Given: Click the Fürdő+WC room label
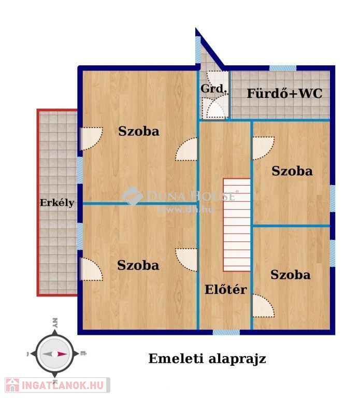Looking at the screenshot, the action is point(284,93).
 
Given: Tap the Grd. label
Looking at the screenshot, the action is point(213,89).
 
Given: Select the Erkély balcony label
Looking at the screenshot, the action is point(57,203).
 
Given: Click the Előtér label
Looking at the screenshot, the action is point(225,289).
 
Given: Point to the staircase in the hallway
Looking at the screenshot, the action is point(237,225).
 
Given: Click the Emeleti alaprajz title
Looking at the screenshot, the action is point(207,359).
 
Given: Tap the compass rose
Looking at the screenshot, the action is point(55,353).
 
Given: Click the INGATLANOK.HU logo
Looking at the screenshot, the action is point(57,385).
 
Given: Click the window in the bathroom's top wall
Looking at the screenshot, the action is point(283,68).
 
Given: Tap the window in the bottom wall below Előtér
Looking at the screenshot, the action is point(226,332).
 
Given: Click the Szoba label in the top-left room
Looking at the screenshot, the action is point(139,131).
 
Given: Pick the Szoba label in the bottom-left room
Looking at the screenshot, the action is point(138,265).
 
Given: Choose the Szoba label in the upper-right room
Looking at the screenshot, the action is point(292,171).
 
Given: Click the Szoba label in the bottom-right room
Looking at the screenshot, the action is point(291,275).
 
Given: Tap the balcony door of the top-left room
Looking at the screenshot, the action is point(91,138).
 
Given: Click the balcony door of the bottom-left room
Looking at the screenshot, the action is point(91,269).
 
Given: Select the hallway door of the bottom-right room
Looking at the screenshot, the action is point(263,306).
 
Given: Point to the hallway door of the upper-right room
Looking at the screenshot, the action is point(263,148).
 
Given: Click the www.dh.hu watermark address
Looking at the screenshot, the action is point(186,210).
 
